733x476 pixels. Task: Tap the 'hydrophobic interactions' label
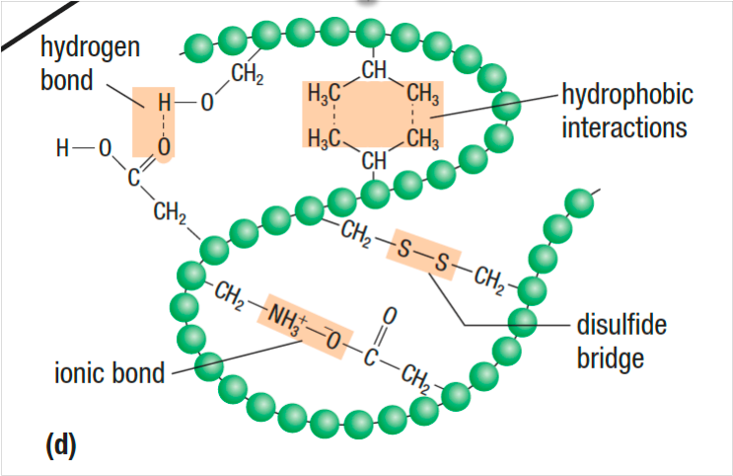click(626, 112)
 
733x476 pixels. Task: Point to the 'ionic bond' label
click(109, 375)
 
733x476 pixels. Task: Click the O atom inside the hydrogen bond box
click(165, 146)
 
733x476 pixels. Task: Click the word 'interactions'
click(626, 127)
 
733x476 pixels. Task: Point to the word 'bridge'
click(611, 357)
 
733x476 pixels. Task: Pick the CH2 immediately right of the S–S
click(487, 278)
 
